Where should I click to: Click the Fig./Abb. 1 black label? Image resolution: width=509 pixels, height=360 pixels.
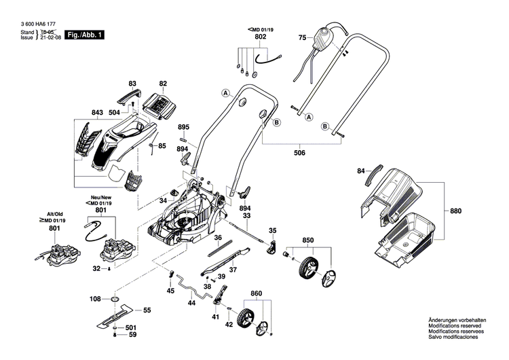85,34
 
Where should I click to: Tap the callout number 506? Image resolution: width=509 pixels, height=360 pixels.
299,152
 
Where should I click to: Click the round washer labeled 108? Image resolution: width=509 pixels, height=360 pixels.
113,300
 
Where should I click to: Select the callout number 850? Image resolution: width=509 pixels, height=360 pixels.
308,240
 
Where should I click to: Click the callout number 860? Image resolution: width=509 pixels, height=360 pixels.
255,293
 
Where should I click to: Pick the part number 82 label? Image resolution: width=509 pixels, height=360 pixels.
163,84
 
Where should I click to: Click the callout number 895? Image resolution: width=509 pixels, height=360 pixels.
183,127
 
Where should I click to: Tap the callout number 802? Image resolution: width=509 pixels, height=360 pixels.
261,38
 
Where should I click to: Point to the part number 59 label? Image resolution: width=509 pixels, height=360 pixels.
133,335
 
